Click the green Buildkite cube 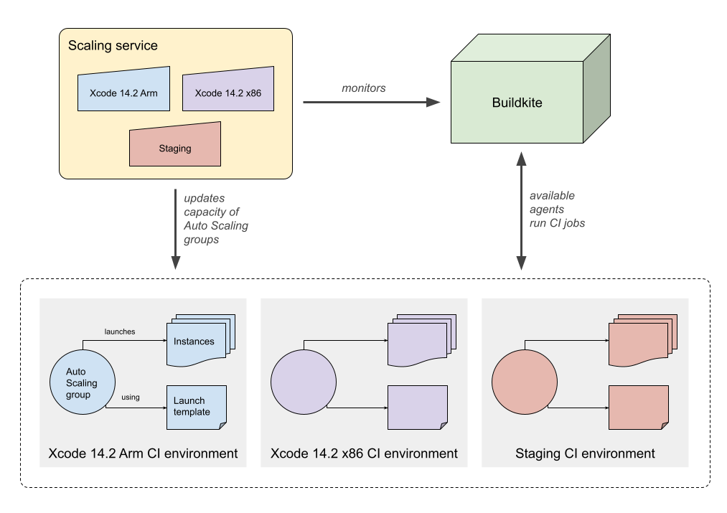pyautogui.click(x=517, y=103)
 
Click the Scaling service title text pyautogui.click(x=113, y=46)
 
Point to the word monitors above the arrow pyautogui.click(x=363, y=88)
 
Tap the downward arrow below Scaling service pyautogui.click(x=174, y=230)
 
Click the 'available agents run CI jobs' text pyautogui.click(x=556, y=209)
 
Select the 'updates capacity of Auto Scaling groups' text pyautogui.click(x=215, y=218)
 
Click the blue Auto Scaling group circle pyautogui.click(x=82, y=383)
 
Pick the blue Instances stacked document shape pyautogui.click(x=195, y=341)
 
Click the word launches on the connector pyautogui.click(x=120, y=331)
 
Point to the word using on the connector pyautogui.click(x=130, y=397)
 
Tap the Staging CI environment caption pyautogui.click(x=585, y=453)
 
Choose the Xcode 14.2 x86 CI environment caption pyautogui.click(x=364, y=453)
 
